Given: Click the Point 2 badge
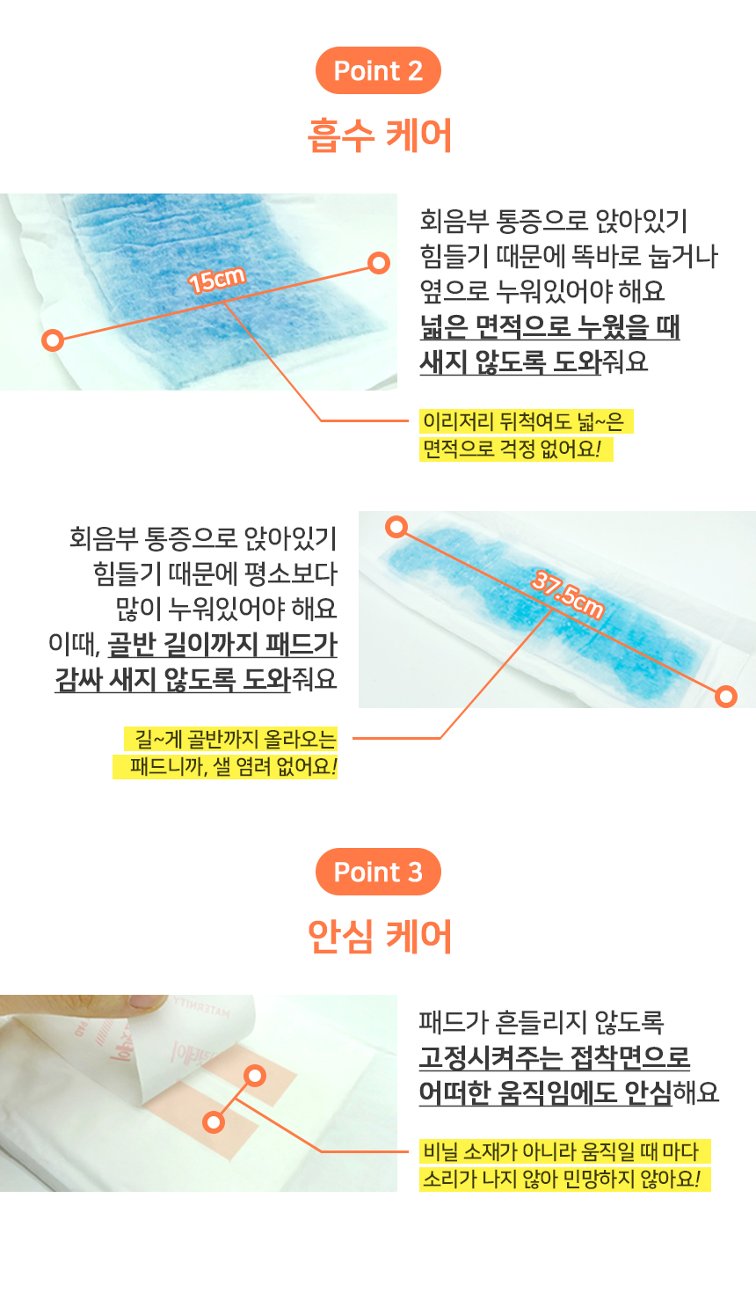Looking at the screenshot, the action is [x=378, y=70].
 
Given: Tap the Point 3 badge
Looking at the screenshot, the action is [x=378, y=872].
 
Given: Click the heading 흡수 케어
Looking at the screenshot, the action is [x=379, y=135].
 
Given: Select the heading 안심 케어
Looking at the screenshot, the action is [x=379, y=936].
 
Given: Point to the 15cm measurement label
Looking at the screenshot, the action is [x=216, y=281].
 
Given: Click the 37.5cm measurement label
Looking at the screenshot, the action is [x=568, y=594].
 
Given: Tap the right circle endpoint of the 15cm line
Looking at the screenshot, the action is [x=379, y=263].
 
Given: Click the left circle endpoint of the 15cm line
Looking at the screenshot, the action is [x=53, y=340].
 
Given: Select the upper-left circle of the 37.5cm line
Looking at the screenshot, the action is [x=396, y=526].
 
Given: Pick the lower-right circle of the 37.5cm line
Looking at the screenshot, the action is [x=726, y=696].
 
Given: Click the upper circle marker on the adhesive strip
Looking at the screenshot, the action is [x=255, y=1076].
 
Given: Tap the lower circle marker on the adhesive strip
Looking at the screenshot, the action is [x=214, y=1122].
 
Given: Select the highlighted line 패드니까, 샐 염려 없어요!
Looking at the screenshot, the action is [x=225, y=767].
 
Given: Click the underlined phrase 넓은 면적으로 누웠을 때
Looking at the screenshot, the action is [x=550, y=326].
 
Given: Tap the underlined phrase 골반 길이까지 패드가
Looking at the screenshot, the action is [x=222, y=644].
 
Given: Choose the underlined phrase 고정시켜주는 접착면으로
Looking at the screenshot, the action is [x=555, y=1057].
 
